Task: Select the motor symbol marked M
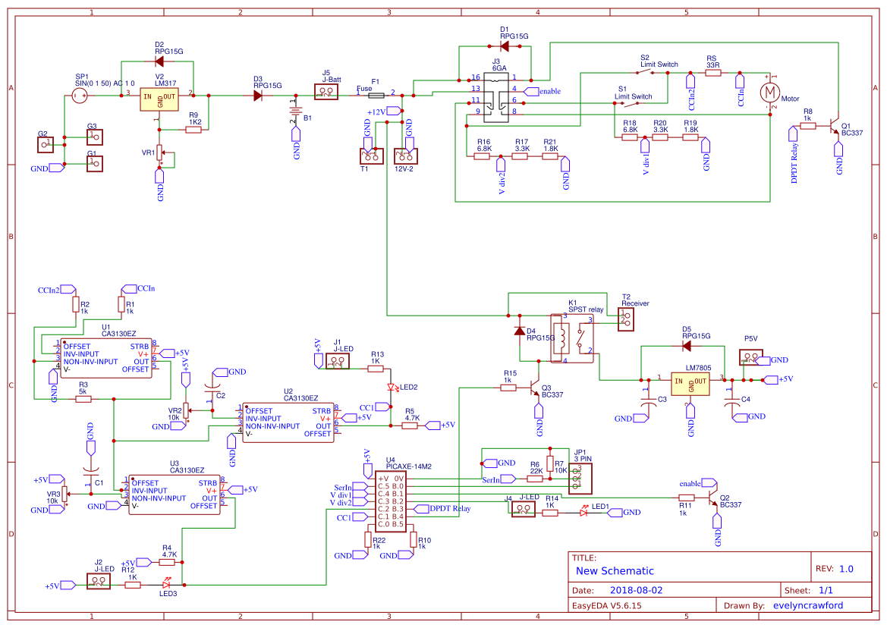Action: (770, 93)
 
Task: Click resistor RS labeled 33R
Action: (712, 74)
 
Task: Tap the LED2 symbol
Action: (392, 388)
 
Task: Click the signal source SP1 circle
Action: (79, 95)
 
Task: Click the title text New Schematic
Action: (615, 571)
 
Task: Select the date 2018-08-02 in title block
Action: (636, 590)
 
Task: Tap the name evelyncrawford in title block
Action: (807, 605)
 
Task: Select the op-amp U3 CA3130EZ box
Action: (175, 495)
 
